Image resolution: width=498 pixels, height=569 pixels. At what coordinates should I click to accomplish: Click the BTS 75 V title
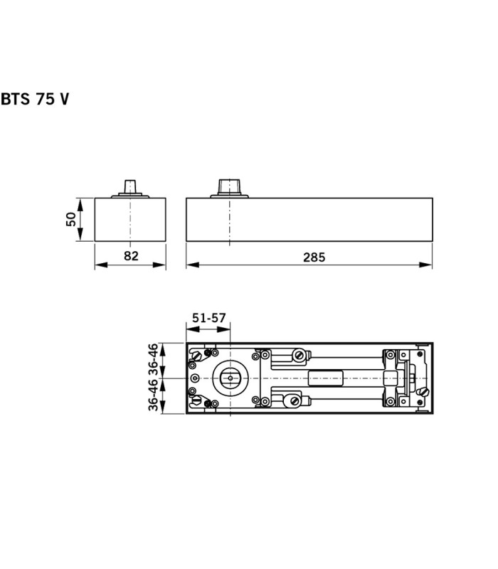click(35, 99)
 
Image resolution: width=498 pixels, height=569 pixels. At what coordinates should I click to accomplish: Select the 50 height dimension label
click(71, 219)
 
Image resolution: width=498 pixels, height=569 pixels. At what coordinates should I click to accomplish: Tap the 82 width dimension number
click(131, 256)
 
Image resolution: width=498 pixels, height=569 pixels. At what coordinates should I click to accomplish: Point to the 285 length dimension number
click(314, 257)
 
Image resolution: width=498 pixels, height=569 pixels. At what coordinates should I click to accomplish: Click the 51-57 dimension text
click(208, 318)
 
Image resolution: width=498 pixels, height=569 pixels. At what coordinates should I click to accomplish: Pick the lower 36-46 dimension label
click(154, 395)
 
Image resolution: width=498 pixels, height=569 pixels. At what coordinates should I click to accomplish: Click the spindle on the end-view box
click(130, 188)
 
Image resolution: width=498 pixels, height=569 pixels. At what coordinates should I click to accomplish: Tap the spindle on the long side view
click(229, 188)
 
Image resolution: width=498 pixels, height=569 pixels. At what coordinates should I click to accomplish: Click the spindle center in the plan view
click(231, 378)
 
